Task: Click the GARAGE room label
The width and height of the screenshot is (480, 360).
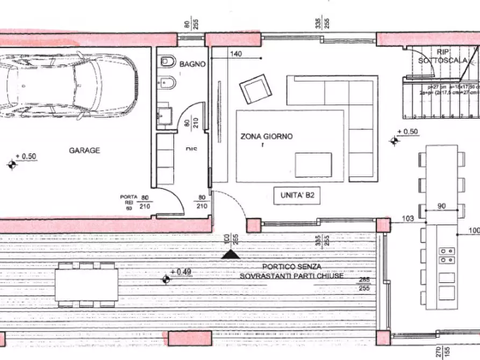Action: click(84, 150)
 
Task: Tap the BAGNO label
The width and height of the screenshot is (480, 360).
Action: click(192, 64)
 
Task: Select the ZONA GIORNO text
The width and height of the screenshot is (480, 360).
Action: click(267, 136)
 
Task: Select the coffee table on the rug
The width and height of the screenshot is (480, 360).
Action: click(313, 164)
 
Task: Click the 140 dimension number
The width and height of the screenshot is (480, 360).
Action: click(236, 54)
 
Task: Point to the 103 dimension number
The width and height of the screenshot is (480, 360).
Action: click(409, 219)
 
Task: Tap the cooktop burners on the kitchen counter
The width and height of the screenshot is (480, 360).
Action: click(446, 255)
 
